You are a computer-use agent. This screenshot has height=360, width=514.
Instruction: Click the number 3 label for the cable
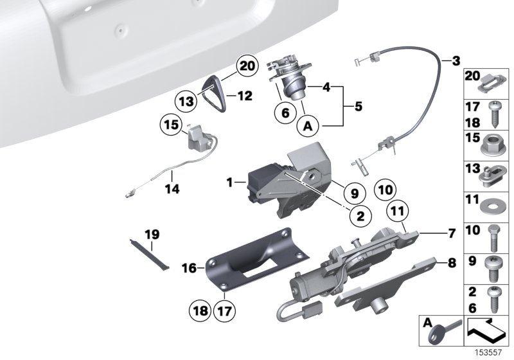[455, 62]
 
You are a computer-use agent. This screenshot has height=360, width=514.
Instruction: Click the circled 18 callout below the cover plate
[200, 309]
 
